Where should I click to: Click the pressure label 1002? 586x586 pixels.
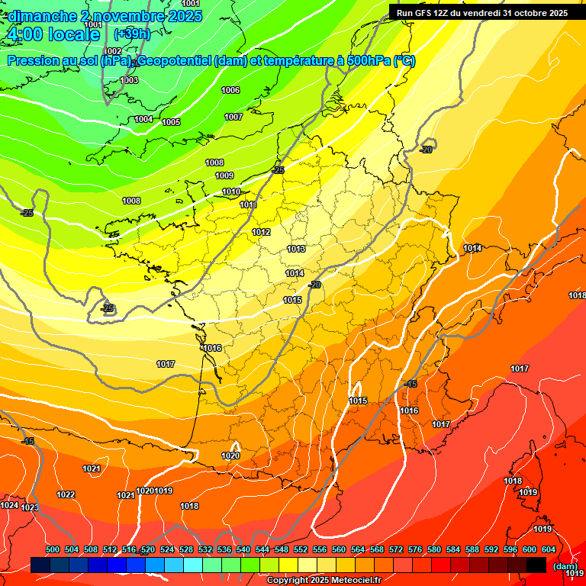(x=113, y=51)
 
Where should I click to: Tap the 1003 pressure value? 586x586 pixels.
(x=129, y=80)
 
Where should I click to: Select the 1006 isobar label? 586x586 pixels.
(x=230, y=90)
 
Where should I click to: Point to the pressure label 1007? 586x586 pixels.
(x=233, y=117)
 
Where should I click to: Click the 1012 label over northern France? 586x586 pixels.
(x=262, y=232)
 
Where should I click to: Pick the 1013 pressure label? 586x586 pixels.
(x=296, y=250)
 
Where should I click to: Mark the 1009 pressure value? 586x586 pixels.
(x=224, y=175)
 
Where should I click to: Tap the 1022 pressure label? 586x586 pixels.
(x=66, y=494)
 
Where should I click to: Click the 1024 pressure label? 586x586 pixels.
(x=9, y=505)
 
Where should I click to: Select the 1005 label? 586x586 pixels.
(x=171, y=122)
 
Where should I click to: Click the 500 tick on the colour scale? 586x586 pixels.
(x=53, y=549)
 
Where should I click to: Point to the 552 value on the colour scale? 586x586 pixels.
(x=301, y=549)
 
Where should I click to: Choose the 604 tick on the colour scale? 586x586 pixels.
(x=549, y=549)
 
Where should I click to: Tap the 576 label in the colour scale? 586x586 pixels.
(x=415, y=549)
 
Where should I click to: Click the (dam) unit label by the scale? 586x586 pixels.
(x=565, y=565)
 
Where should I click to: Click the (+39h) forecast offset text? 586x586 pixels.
(x=131, y=34)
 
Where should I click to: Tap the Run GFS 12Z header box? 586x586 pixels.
(x=482, y=12)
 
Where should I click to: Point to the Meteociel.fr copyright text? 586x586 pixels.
(x=324, y=580)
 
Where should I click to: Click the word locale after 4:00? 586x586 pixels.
(x=72, y=34)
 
